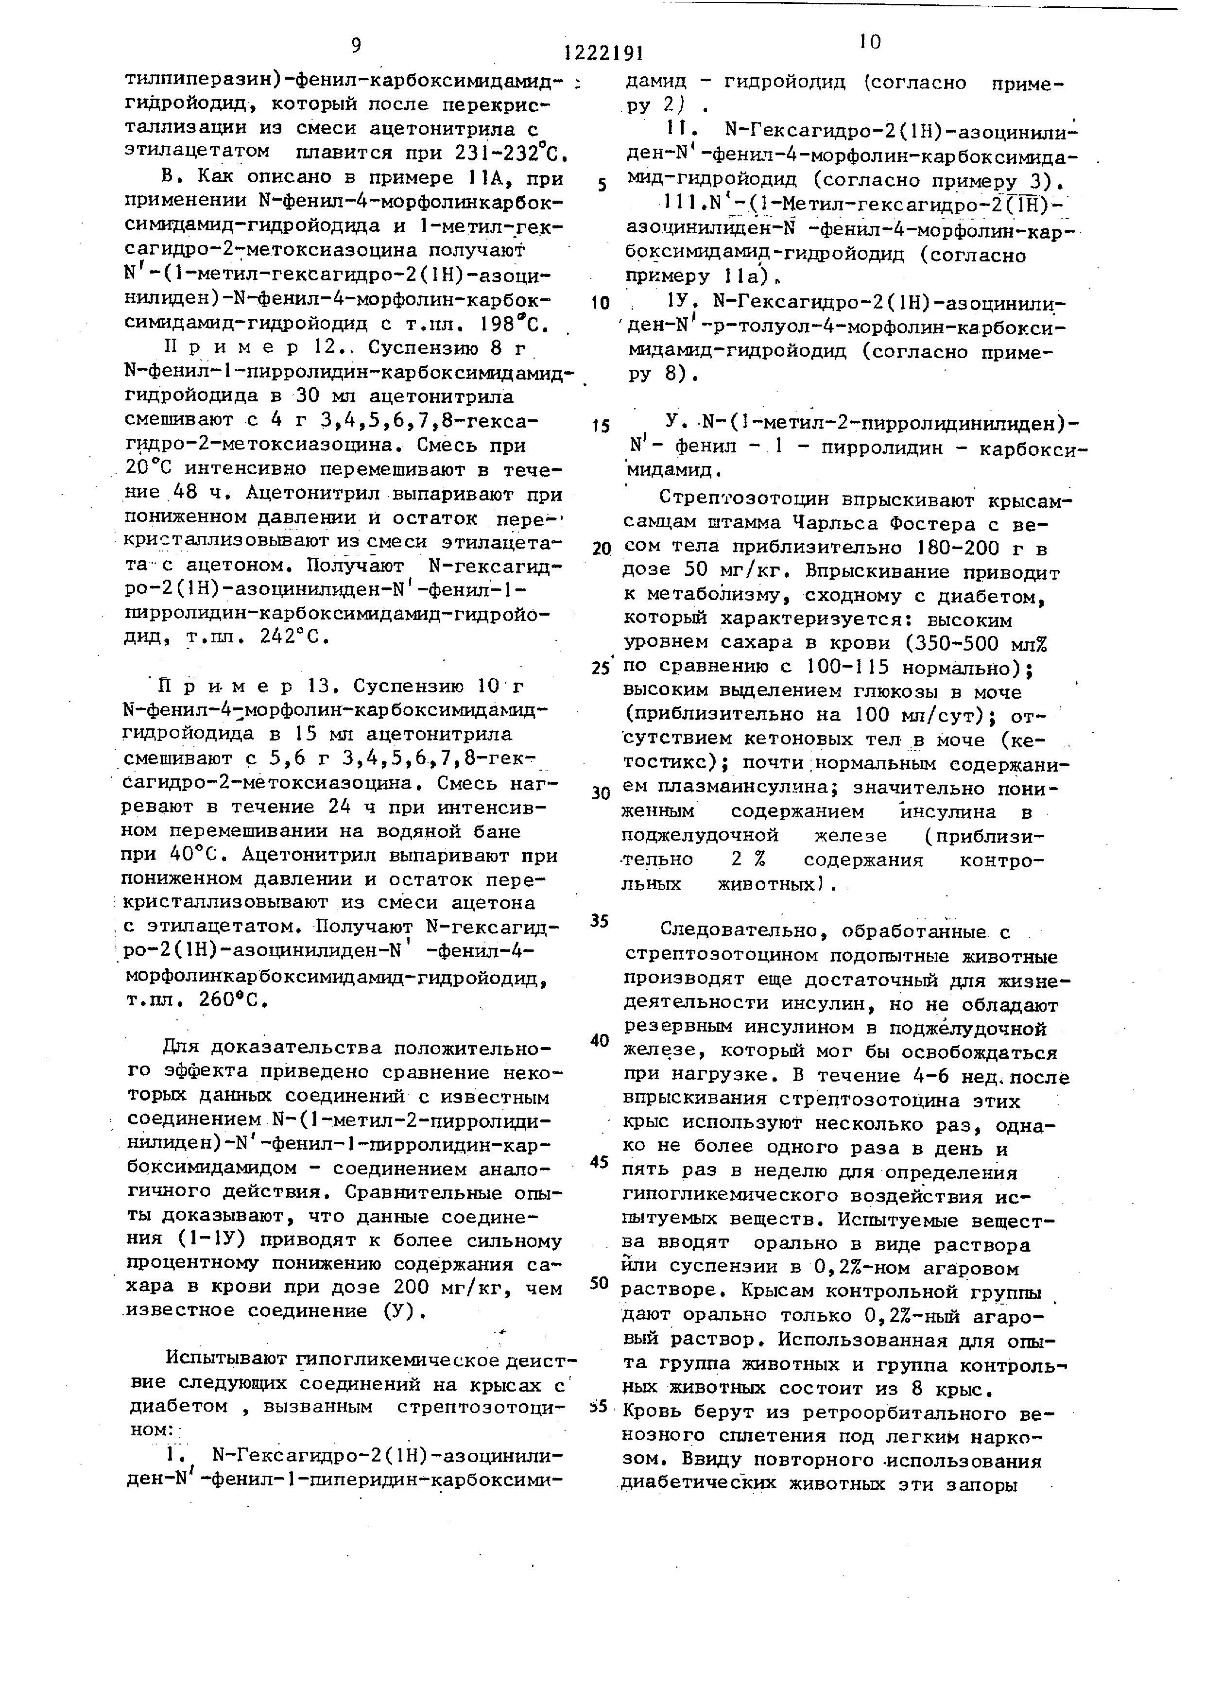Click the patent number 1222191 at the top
602,52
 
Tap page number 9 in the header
356,46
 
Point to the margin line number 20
601,549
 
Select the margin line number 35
600,921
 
